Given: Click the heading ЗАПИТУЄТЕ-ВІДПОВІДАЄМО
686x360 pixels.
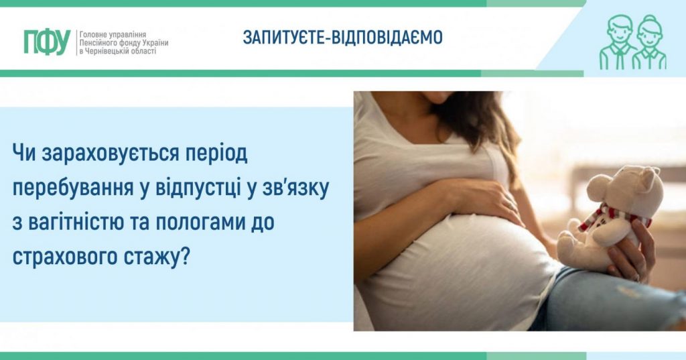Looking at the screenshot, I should tap(342, 38).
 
